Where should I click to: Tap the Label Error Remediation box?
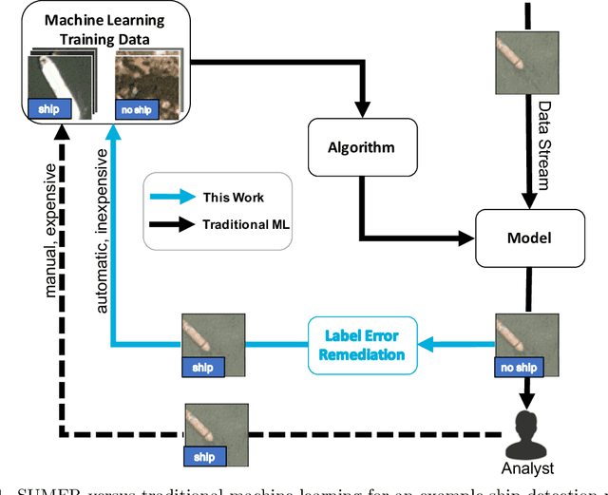pos(361,345)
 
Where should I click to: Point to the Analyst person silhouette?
pos(524,432)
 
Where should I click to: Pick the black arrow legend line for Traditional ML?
pos(177,225)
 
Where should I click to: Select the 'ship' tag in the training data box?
pos(48,109)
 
